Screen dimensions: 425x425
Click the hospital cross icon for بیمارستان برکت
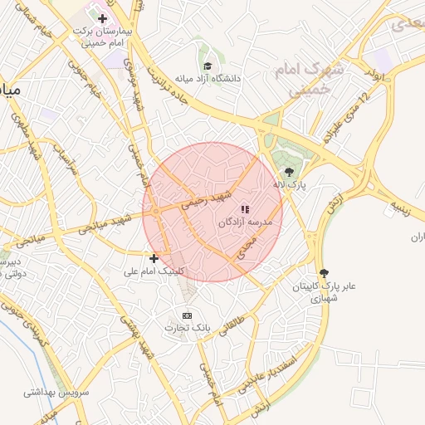(102, 18)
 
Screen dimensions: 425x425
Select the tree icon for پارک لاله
(289, 173)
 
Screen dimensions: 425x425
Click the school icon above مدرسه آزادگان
(244, 210)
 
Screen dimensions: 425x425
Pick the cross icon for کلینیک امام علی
(154, 258)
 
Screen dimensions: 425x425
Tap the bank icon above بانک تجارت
(187, 315)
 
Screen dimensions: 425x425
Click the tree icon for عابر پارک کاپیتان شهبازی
(323, 273)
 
